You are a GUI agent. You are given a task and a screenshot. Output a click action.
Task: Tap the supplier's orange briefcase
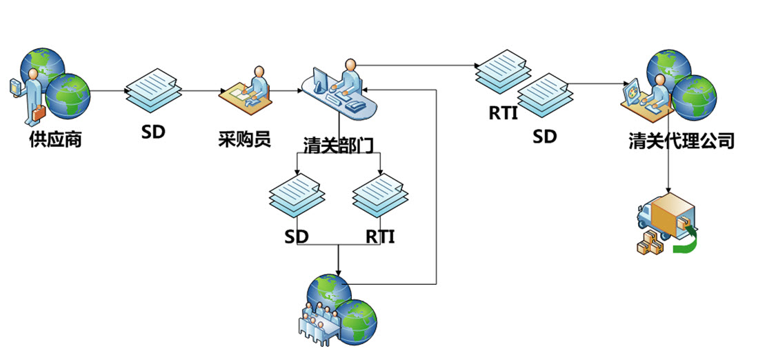click(39, 111)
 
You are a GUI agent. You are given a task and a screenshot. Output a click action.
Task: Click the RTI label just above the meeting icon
click(380, 237)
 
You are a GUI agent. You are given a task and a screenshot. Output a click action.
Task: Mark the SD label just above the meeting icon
click(297, 237)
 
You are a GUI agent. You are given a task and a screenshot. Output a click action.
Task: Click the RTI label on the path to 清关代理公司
click(503, 113)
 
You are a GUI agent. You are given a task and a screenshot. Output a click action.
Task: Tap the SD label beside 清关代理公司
click(544, 137)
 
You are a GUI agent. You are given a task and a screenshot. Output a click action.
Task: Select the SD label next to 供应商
click(153, 131)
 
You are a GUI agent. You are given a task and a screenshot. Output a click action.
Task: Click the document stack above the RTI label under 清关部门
click(378, 197)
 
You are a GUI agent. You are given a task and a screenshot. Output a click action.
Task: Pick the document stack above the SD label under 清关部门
click(295, 197)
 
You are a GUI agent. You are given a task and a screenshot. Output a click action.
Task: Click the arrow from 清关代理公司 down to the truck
click(668, 172)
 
